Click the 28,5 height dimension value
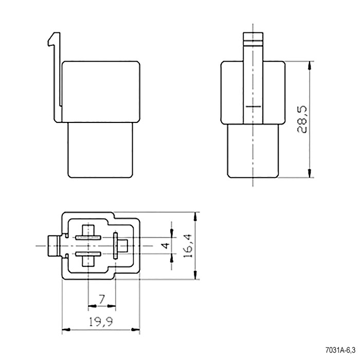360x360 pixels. coord(302,119)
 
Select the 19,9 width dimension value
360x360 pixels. coord(101,322)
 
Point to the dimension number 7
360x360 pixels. coord(102,299)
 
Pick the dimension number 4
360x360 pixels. coord(166,246)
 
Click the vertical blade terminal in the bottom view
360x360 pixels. coord(116,245)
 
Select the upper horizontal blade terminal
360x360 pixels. coord(88,238)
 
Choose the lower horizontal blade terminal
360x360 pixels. coord(88,254)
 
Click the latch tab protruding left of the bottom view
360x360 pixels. coord(53,246)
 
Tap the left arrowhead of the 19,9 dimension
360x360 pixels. coord(66,330)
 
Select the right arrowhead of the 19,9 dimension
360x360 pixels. coord(135,330)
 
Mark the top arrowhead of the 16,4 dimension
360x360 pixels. coord(195,217)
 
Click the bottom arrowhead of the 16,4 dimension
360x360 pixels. coord(195,275)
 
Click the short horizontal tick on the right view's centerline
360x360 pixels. coord(253,106)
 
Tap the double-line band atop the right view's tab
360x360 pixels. coord(253,42)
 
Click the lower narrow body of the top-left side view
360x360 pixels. coord(100,150)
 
